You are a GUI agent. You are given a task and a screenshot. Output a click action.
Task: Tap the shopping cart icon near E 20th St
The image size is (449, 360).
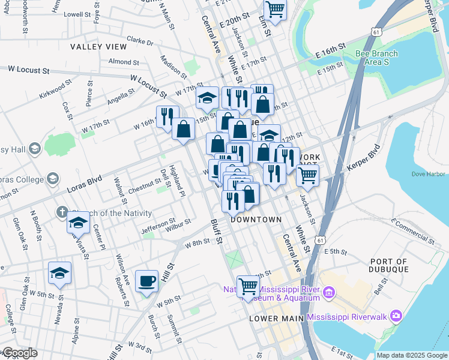coord(275,9)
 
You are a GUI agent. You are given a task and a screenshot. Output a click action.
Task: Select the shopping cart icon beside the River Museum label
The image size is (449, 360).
coord(248,286)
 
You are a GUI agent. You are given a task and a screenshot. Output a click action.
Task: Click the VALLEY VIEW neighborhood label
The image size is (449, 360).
coord(98,46)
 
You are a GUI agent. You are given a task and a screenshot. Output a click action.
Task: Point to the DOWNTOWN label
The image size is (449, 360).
coord(256,220)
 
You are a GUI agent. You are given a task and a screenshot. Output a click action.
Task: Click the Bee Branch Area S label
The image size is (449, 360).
coord(376,58)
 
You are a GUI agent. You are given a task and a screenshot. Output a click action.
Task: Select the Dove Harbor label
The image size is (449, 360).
coord(427,174)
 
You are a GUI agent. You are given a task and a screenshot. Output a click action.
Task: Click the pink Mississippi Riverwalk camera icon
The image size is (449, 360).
coord(396,316)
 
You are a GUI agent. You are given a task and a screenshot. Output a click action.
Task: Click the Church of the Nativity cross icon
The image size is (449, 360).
coord(61,212)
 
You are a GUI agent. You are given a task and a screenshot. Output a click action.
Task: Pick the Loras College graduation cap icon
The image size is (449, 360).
coord(53,178)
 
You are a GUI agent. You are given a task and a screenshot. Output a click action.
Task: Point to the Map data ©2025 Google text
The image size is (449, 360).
coord(411,355)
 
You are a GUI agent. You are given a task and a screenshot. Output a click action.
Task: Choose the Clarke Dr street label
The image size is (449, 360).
coord(140,42)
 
